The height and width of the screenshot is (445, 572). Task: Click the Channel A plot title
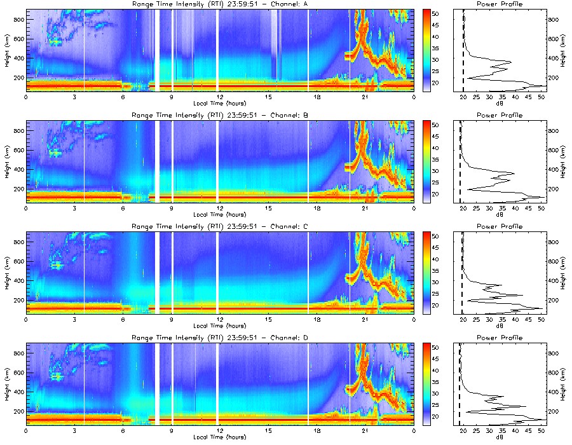(219, 5)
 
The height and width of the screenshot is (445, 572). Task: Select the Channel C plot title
(219, 226)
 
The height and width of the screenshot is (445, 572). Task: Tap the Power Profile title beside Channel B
(500, 116)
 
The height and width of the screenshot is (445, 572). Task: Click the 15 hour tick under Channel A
(268, 97)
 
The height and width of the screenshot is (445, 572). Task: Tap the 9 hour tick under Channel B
(172, 208)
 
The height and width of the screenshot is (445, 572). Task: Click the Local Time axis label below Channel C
(219, 325)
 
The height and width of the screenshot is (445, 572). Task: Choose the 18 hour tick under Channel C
(317, 318)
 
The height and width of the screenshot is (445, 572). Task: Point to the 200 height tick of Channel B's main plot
(17, 189)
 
